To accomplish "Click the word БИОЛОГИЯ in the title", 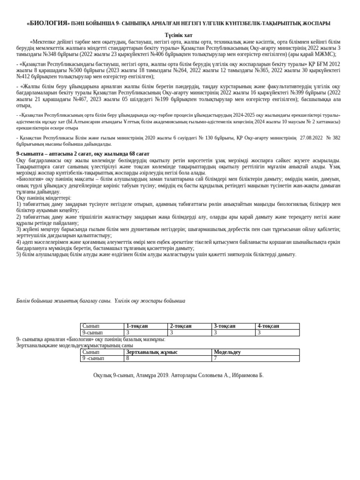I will [49, 23].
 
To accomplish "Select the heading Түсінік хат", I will [178, 35].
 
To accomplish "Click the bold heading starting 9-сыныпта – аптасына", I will [83, 154].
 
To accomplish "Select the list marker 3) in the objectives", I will [19, 229].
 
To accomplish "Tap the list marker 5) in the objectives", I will [19, 255].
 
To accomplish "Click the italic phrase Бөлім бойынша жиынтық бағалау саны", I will [64, 301].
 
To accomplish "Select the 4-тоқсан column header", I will [268, 326].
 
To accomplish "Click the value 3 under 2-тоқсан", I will [172, 333].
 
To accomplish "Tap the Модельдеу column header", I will [227, 352].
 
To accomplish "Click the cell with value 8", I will [127, 359].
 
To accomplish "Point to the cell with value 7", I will [216, 359].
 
